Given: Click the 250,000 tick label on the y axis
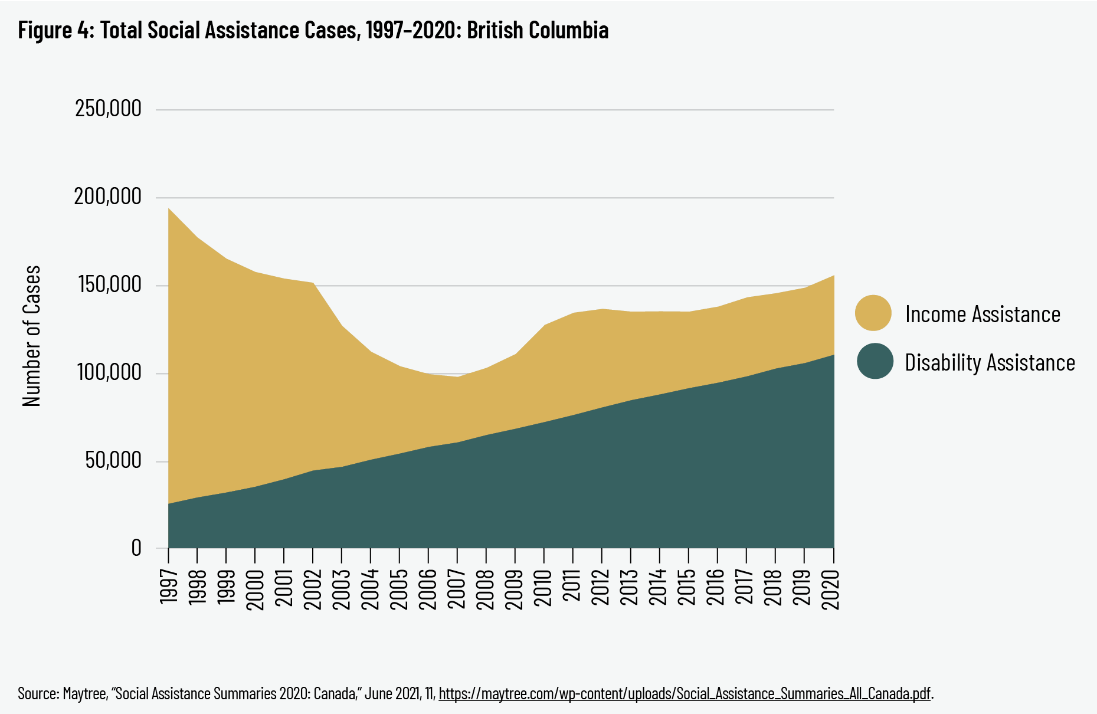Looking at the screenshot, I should (108, 109).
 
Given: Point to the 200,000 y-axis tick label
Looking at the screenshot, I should (108, 197).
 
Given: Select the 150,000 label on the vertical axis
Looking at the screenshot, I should (108, 285).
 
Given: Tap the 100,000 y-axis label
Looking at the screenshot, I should (108, 373).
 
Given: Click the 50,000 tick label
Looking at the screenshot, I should (113, 461).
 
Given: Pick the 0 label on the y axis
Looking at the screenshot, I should (136, 548).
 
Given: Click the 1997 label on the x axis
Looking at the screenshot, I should (169, 587).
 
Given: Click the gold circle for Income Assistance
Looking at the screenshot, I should (873, 313).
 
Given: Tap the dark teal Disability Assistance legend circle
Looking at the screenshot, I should (875, 361).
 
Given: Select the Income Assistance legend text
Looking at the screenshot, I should (983, 314).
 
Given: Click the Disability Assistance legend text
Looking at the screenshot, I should (990, 362).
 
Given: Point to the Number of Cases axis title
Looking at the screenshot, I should (32, 336).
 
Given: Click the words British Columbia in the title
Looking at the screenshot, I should (538, 30).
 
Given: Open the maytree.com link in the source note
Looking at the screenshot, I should (685, 693).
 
